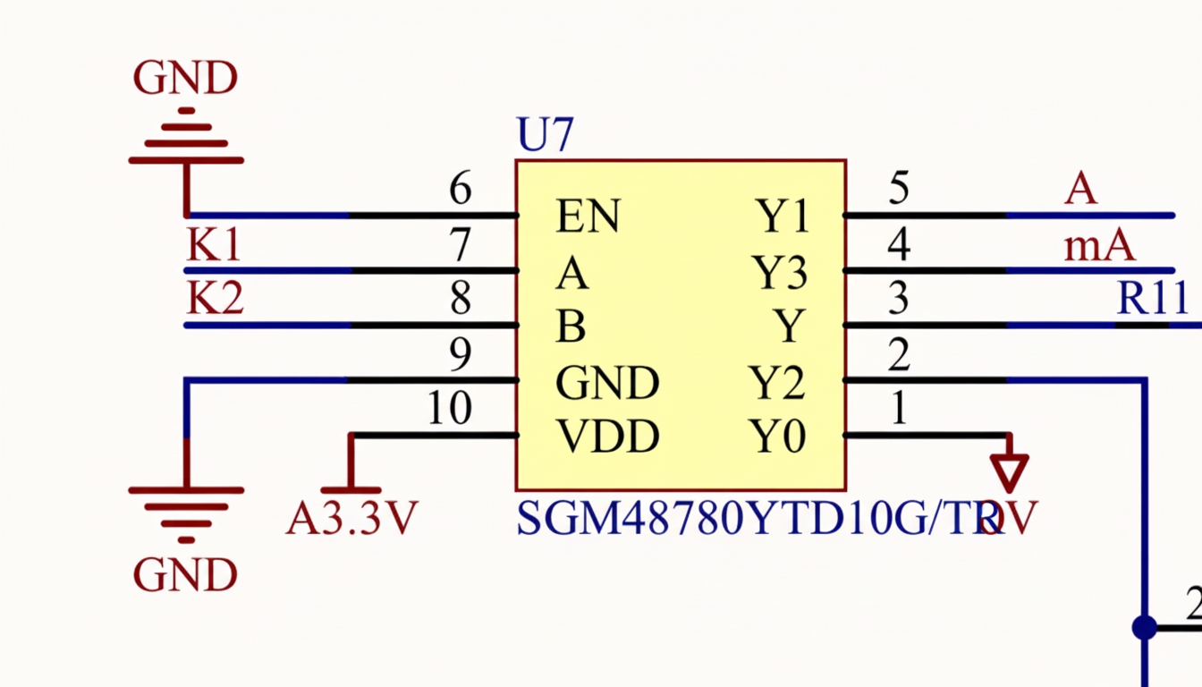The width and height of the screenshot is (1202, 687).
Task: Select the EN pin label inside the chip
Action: coord(588,216)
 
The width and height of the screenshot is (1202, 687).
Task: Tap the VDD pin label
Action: coord(607,437)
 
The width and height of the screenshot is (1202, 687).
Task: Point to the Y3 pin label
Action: coord(780,273)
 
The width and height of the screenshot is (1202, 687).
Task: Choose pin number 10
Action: coord(449,409)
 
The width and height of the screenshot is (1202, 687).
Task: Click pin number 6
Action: coord(460,189)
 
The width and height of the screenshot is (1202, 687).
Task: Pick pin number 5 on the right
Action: coord(899,189)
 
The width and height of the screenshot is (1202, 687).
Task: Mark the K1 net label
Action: coord(214,245)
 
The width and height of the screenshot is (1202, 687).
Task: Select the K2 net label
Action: coord(215,299)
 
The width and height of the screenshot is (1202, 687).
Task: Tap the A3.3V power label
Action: coord(351,518)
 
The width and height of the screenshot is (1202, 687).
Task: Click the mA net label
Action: coord(1099,245)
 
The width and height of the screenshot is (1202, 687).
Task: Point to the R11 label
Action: coord(1153,299)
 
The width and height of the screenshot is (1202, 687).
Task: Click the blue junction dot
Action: coord(1144,627)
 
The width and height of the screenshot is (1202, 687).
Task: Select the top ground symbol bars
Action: coord(186,141)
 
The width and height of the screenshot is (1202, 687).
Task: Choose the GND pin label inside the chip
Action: coord(607,383)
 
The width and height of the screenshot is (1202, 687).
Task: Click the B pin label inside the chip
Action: coord(571,327)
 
